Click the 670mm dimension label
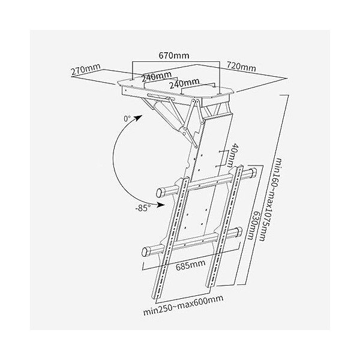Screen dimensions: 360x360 coord(175,55)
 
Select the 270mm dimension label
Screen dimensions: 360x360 coord(85,70)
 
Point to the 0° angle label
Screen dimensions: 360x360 coord(128,119)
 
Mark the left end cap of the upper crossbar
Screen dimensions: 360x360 coord(160,194)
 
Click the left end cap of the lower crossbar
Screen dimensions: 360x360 coord(146,250)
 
